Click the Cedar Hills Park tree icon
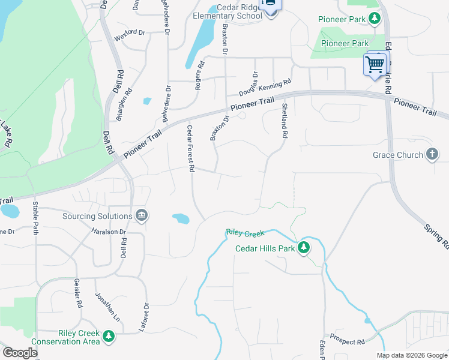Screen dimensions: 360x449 [304, 248]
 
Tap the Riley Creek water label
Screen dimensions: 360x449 [245, 233]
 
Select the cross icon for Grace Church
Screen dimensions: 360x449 [432, 155]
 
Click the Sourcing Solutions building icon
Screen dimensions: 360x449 [141, 215]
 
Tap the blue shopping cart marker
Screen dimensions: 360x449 [375, 64]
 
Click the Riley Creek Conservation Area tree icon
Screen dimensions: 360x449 [108, 337]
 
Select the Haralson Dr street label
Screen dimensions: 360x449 [108, 232]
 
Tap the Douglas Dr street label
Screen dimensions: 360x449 [248, 85]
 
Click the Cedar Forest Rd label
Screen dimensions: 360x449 [190, 149]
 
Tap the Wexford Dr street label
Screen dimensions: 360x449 [130, 32]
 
